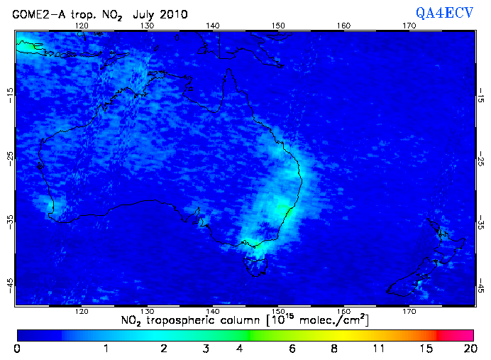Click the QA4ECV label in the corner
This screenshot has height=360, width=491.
pos(451,12)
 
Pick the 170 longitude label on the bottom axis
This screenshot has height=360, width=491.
pos(409,310)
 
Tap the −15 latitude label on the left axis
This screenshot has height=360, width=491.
pos(9,94)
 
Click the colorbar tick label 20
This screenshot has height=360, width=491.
pos(468,349)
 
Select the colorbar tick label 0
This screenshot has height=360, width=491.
pos(17,349)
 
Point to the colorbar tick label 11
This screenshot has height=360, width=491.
pos(380,349)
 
